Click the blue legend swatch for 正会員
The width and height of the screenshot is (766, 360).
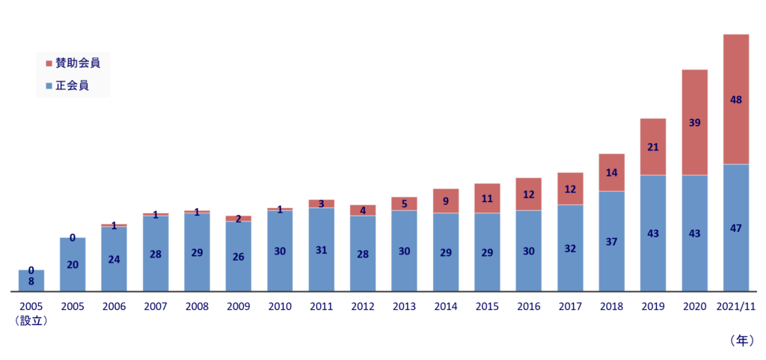tap(49, 86)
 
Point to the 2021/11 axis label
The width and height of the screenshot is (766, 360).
tap(736, 307)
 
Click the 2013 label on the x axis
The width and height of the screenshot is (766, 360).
tap(404, 307)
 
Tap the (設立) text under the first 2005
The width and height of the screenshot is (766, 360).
tap(31, 321)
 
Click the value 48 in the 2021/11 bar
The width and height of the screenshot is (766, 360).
tap(736, 99)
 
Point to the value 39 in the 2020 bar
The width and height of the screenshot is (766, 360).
tap(694, 122)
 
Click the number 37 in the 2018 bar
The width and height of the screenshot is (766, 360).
tap(611, 241)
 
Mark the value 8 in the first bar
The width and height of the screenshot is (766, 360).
tap(31, 281)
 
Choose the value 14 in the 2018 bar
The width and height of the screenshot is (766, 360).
tap(611, 172)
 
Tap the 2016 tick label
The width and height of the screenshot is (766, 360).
tap(528, 307)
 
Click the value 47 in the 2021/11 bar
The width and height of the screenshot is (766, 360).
tap(736, 228)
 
